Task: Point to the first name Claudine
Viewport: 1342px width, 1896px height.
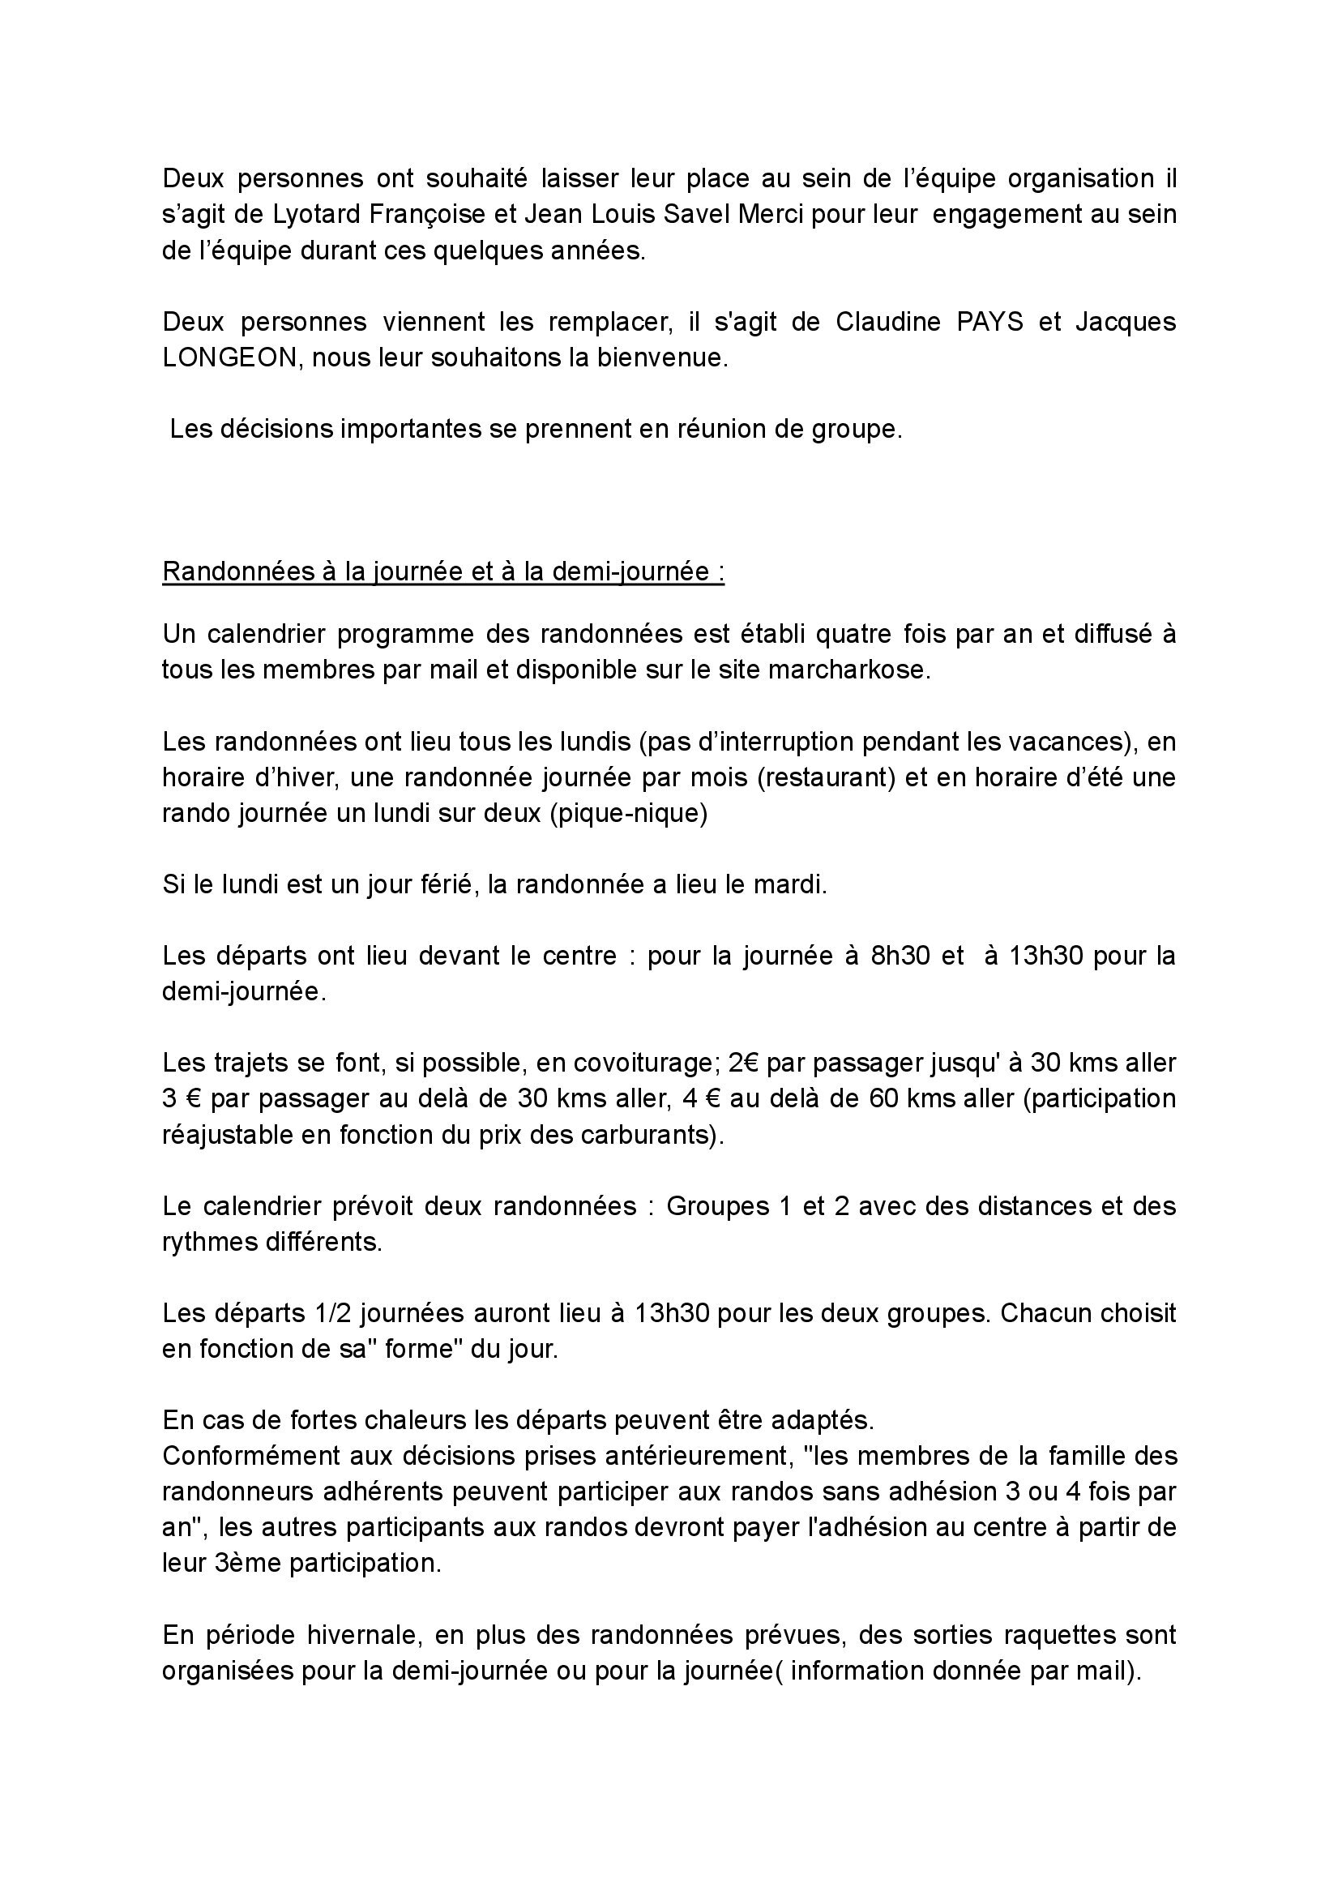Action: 887,322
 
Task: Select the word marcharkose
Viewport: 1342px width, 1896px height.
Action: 848,670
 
